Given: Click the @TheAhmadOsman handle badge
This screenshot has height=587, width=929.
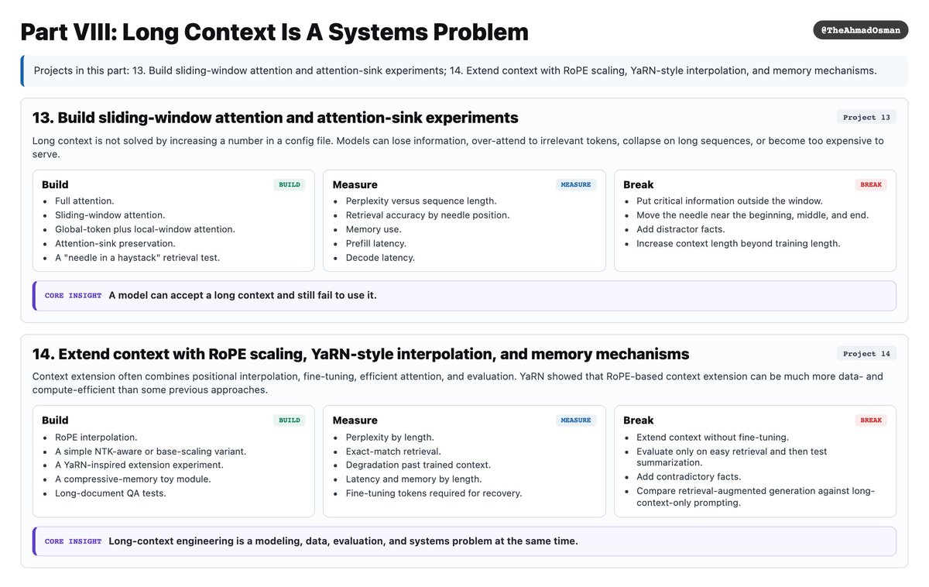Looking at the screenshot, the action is tap(860, 30).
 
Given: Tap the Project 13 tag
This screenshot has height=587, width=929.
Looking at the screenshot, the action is tap(866, 118).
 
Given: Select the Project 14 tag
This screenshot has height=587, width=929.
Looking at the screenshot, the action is tap(866, 354).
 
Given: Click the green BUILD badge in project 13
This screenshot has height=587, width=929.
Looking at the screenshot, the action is tap(289, 184).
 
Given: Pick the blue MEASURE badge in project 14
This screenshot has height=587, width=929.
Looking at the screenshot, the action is tap(576, 421).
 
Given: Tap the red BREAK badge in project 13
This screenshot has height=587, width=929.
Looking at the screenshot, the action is tap(871, 184).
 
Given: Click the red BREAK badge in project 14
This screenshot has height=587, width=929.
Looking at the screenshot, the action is tap(871, 421).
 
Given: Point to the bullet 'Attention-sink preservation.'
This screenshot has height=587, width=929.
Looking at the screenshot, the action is tap(115, 243).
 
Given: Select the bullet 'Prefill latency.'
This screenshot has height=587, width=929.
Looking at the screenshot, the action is tap(375, 243).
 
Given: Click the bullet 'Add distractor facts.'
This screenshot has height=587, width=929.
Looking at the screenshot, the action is tap(680, 229).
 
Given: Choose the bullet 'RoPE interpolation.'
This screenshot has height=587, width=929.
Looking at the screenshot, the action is tap(96, 438).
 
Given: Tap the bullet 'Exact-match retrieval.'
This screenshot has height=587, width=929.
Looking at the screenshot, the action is tap(393, 451).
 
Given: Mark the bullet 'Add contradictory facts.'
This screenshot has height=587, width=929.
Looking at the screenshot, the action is tap(688, 477).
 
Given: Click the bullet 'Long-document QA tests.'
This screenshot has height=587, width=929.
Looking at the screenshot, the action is tap(110, 493).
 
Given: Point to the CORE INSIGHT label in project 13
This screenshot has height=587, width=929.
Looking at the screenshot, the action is tap(73, 296).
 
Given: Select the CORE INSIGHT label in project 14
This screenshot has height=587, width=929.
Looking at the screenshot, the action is tap(73, 541).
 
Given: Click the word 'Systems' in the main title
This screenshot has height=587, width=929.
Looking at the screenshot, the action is tap(377, 33).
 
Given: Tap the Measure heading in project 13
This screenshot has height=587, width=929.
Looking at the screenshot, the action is tap(355, 184).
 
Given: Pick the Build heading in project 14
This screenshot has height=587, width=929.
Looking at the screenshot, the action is tap(55, 421).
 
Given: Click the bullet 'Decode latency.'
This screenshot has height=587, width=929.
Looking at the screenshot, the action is tap(380, 258).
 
